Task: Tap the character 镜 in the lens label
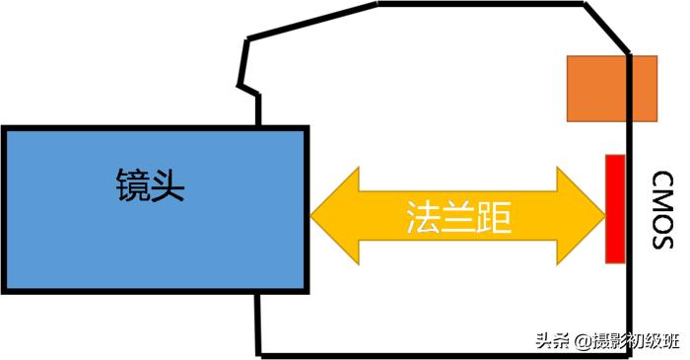[x=132, y=183]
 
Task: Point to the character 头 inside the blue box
[x=169, y=183]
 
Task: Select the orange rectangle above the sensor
[x=611, y=88]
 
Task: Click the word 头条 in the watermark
[x=553, y=341]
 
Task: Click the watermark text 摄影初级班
[x=636, y=341]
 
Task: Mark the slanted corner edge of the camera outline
[x=607, y=28]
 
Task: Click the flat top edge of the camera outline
[x=483, y=4]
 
